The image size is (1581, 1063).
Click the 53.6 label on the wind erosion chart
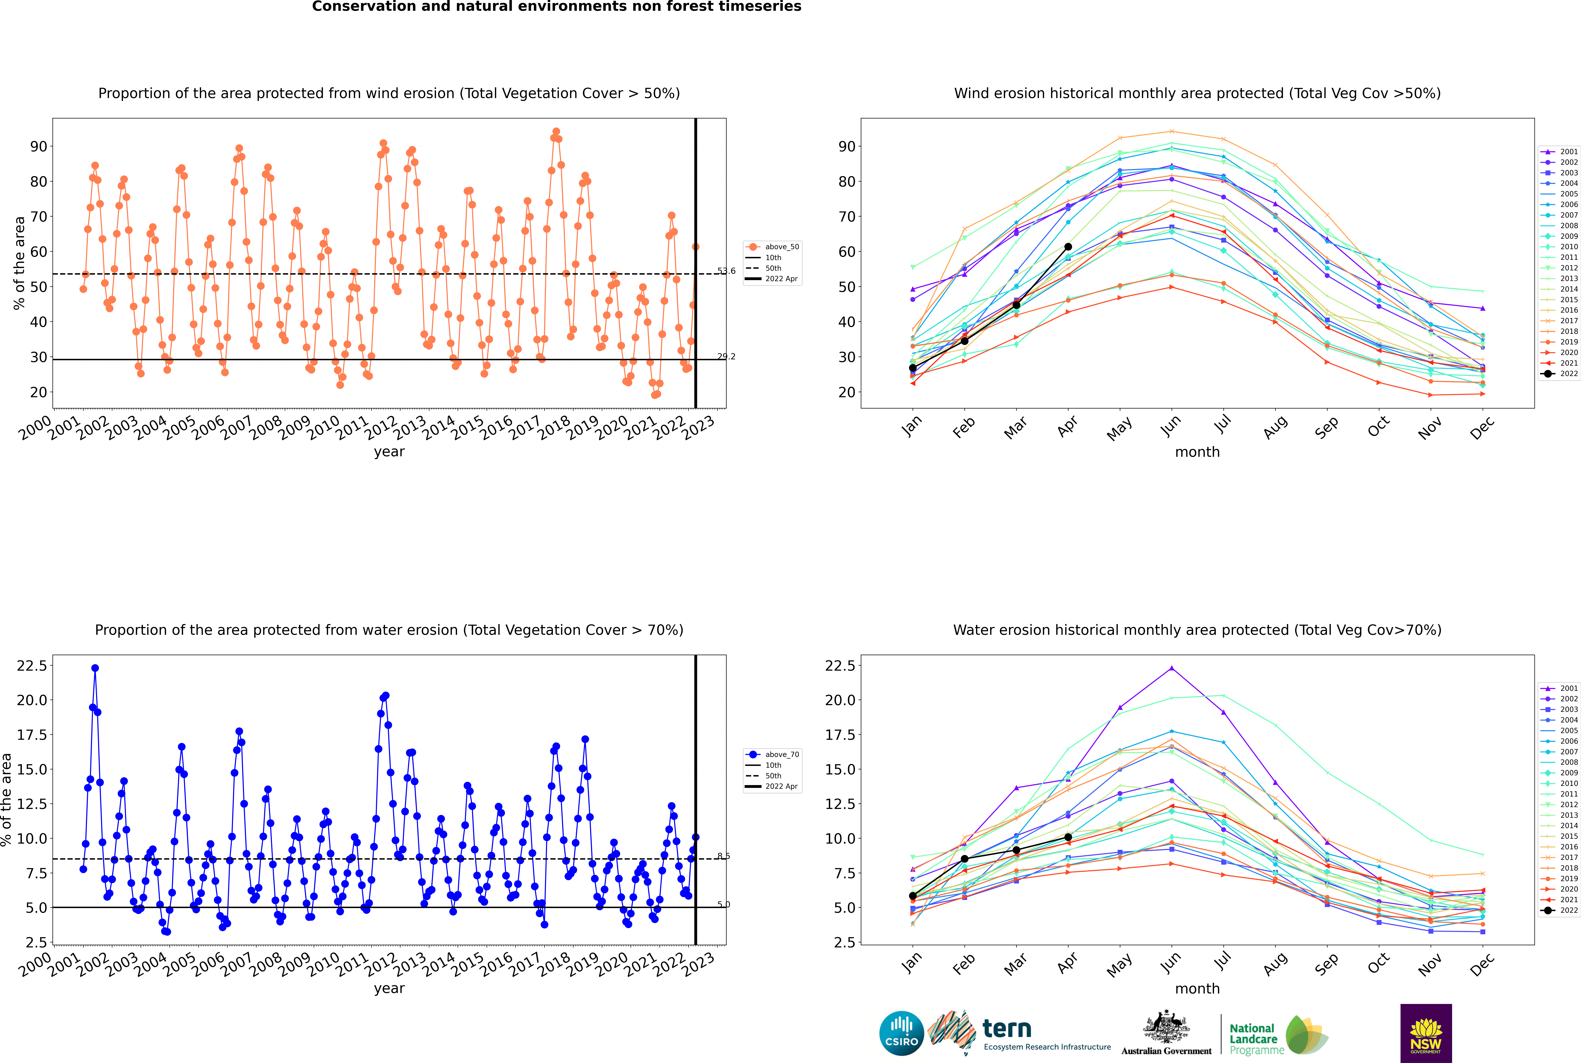[726, 271]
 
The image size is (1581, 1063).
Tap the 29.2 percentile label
[726, 357]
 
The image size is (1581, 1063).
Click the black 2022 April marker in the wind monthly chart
[1068, 247]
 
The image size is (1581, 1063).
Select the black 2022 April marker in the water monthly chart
[1068, 837]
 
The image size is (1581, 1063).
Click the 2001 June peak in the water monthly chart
[1172, 668]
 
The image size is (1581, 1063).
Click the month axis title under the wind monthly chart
[1198, 452]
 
